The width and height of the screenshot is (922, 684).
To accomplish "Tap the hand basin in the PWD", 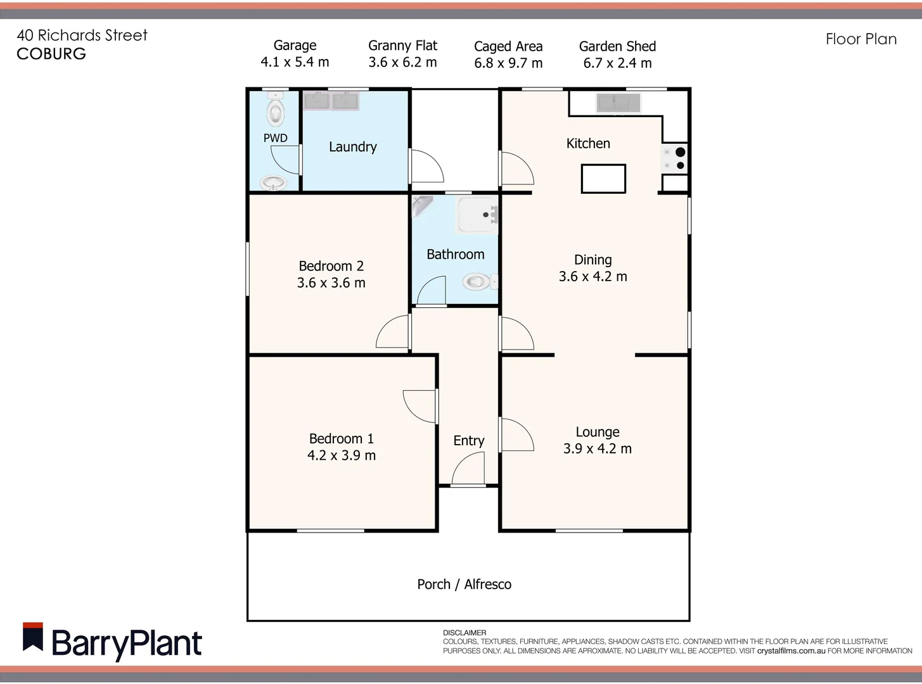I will [273, 183].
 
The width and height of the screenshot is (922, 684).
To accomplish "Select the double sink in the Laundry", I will [331, 101].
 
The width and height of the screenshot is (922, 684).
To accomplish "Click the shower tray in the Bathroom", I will [477, 215].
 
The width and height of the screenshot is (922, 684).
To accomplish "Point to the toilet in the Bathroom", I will [478, 281].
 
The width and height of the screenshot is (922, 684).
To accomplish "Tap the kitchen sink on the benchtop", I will [618, 102].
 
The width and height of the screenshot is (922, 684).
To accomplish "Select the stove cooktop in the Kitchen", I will [674, 158].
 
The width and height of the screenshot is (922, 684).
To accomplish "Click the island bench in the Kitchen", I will [603, 179].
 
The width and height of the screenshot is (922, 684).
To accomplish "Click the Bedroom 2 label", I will [331, 266].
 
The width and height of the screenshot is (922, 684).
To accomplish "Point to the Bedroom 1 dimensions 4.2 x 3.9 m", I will [342, 455].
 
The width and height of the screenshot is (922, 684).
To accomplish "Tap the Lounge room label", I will [598, 432].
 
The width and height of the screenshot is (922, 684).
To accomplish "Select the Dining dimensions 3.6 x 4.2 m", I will [593, 277].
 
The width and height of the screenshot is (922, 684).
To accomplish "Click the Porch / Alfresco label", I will [464, 585].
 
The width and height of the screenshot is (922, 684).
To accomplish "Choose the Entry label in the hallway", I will [468, 441].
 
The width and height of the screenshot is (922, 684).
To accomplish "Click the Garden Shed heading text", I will [617, 46].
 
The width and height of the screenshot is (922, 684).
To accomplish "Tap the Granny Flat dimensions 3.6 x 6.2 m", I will [402, 62].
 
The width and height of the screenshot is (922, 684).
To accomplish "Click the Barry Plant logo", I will [112, 642].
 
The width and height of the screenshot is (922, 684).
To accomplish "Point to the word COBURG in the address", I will [51, 54].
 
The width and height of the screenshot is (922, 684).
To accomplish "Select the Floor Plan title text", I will [861, 39].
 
